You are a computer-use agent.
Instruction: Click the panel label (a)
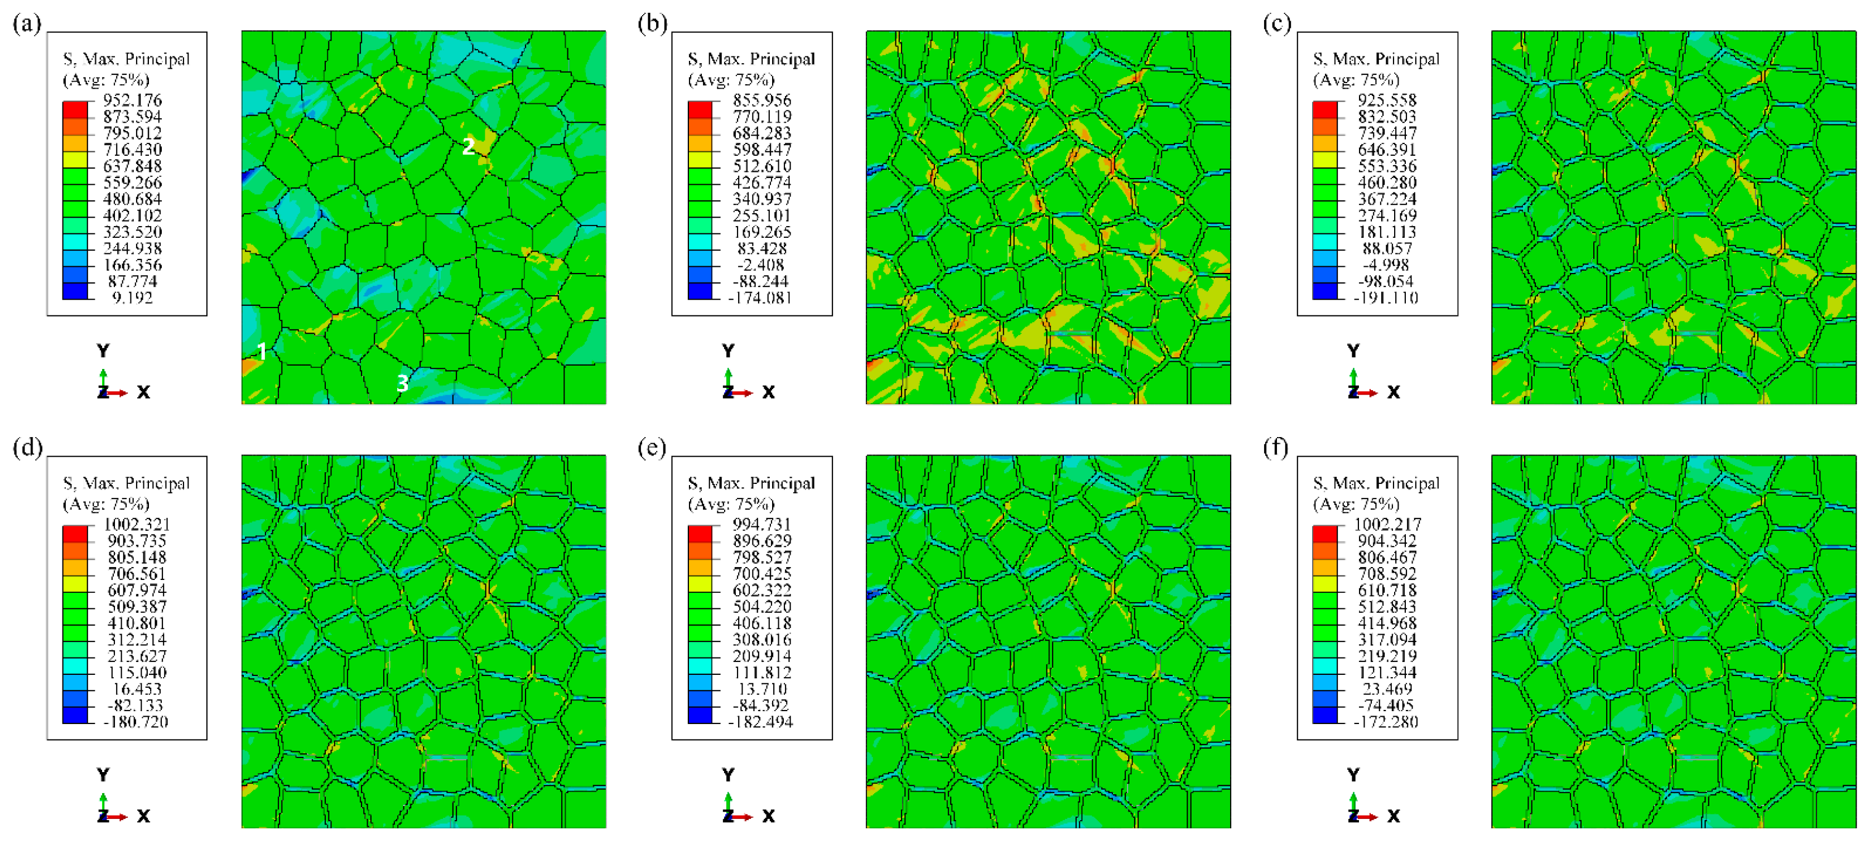[x=27, y=23]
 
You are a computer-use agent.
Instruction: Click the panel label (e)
[x=652, y=447]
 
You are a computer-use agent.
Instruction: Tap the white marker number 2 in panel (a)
[x=469, y=146]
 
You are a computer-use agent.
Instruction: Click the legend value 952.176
[x=132, y=100]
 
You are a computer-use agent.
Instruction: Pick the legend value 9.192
[x=132, y=297]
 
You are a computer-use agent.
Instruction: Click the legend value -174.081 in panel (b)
[x=760, y=297]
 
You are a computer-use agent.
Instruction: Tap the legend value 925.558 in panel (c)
[x=1387, y=100]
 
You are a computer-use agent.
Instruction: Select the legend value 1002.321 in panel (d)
[x=136, y=524]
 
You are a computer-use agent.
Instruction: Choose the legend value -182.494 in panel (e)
[x=760, y=722]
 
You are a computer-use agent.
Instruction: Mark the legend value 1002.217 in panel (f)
[x=1387, y=524]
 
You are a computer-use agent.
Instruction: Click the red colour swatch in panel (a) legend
[x=75, y=109]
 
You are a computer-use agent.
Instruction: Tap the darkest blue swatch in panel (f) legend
[x=1325, y=715]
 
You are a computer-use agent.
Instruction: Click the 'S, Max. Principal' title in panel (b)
[x=751, y=59]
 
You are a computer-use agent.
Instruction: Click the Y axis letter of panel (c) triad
[x=1353, y=351]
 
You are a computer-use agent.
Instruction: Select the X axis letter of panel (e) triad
[x=769, y=816]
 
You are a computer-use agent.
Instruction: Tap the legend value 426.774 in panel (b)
[x=761, y=182]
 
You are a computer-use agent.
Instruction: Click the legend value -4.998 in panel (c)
[x=1387, y=265]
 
